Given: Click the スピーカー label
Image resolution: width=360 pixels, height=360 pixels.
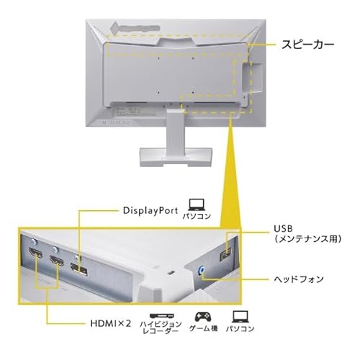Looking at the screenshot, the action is (x=307, y=45).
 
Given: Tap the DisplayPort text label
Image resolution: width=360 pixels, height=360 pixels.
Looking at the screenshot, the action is (x=150, y=210).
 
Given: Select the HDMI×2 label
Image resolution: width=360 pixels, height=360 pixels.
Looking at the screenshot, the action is (x=111, y=323).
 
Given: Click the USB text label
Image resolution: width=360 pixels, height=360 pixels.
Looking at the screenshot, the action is (x=283, y=228).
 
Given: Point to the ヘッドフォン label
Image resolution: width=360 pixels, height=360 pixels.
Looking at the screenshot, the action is (x=299, y=279).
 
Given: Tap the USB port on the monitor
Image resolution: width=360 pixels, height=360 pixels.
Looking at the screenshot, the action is (x=225, y=254).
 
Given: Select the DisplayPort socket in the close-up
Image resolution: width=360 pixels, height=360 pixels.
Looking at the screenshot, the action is (x=78, y=269).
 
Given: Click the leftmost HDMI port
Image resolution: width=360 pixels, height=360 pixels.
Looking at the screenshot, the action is (x=35, y=253).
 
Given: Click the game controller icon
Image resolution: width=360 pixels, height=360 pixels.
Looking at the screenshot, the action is (x=203, y=317).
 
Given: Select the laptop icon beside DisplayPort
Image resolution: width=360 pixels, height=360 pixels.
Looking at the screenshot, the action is (x=197, y=204).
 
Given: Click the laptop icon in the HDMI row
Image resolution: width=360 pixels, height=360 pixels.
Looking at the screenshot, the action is (x=240, y=317).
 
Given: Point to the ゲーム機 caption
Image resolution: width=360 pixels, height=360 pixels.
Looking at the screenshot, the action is (x=203, y=328).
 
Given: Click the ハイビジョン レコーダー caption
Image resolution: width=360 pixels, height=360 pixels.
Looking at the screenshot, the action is (x=161, y=328).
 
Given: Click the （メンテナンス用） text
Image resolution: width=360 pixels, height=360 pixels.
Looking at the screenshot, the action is (x=308, y=239).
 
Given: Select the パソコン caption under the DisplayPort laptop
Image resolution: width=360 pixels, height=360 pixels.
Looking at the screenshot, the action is (x=197, y=216).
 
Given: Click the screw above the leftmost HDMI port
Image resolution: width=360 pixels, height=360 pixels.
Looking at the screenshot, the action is (x=34, y=242).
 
